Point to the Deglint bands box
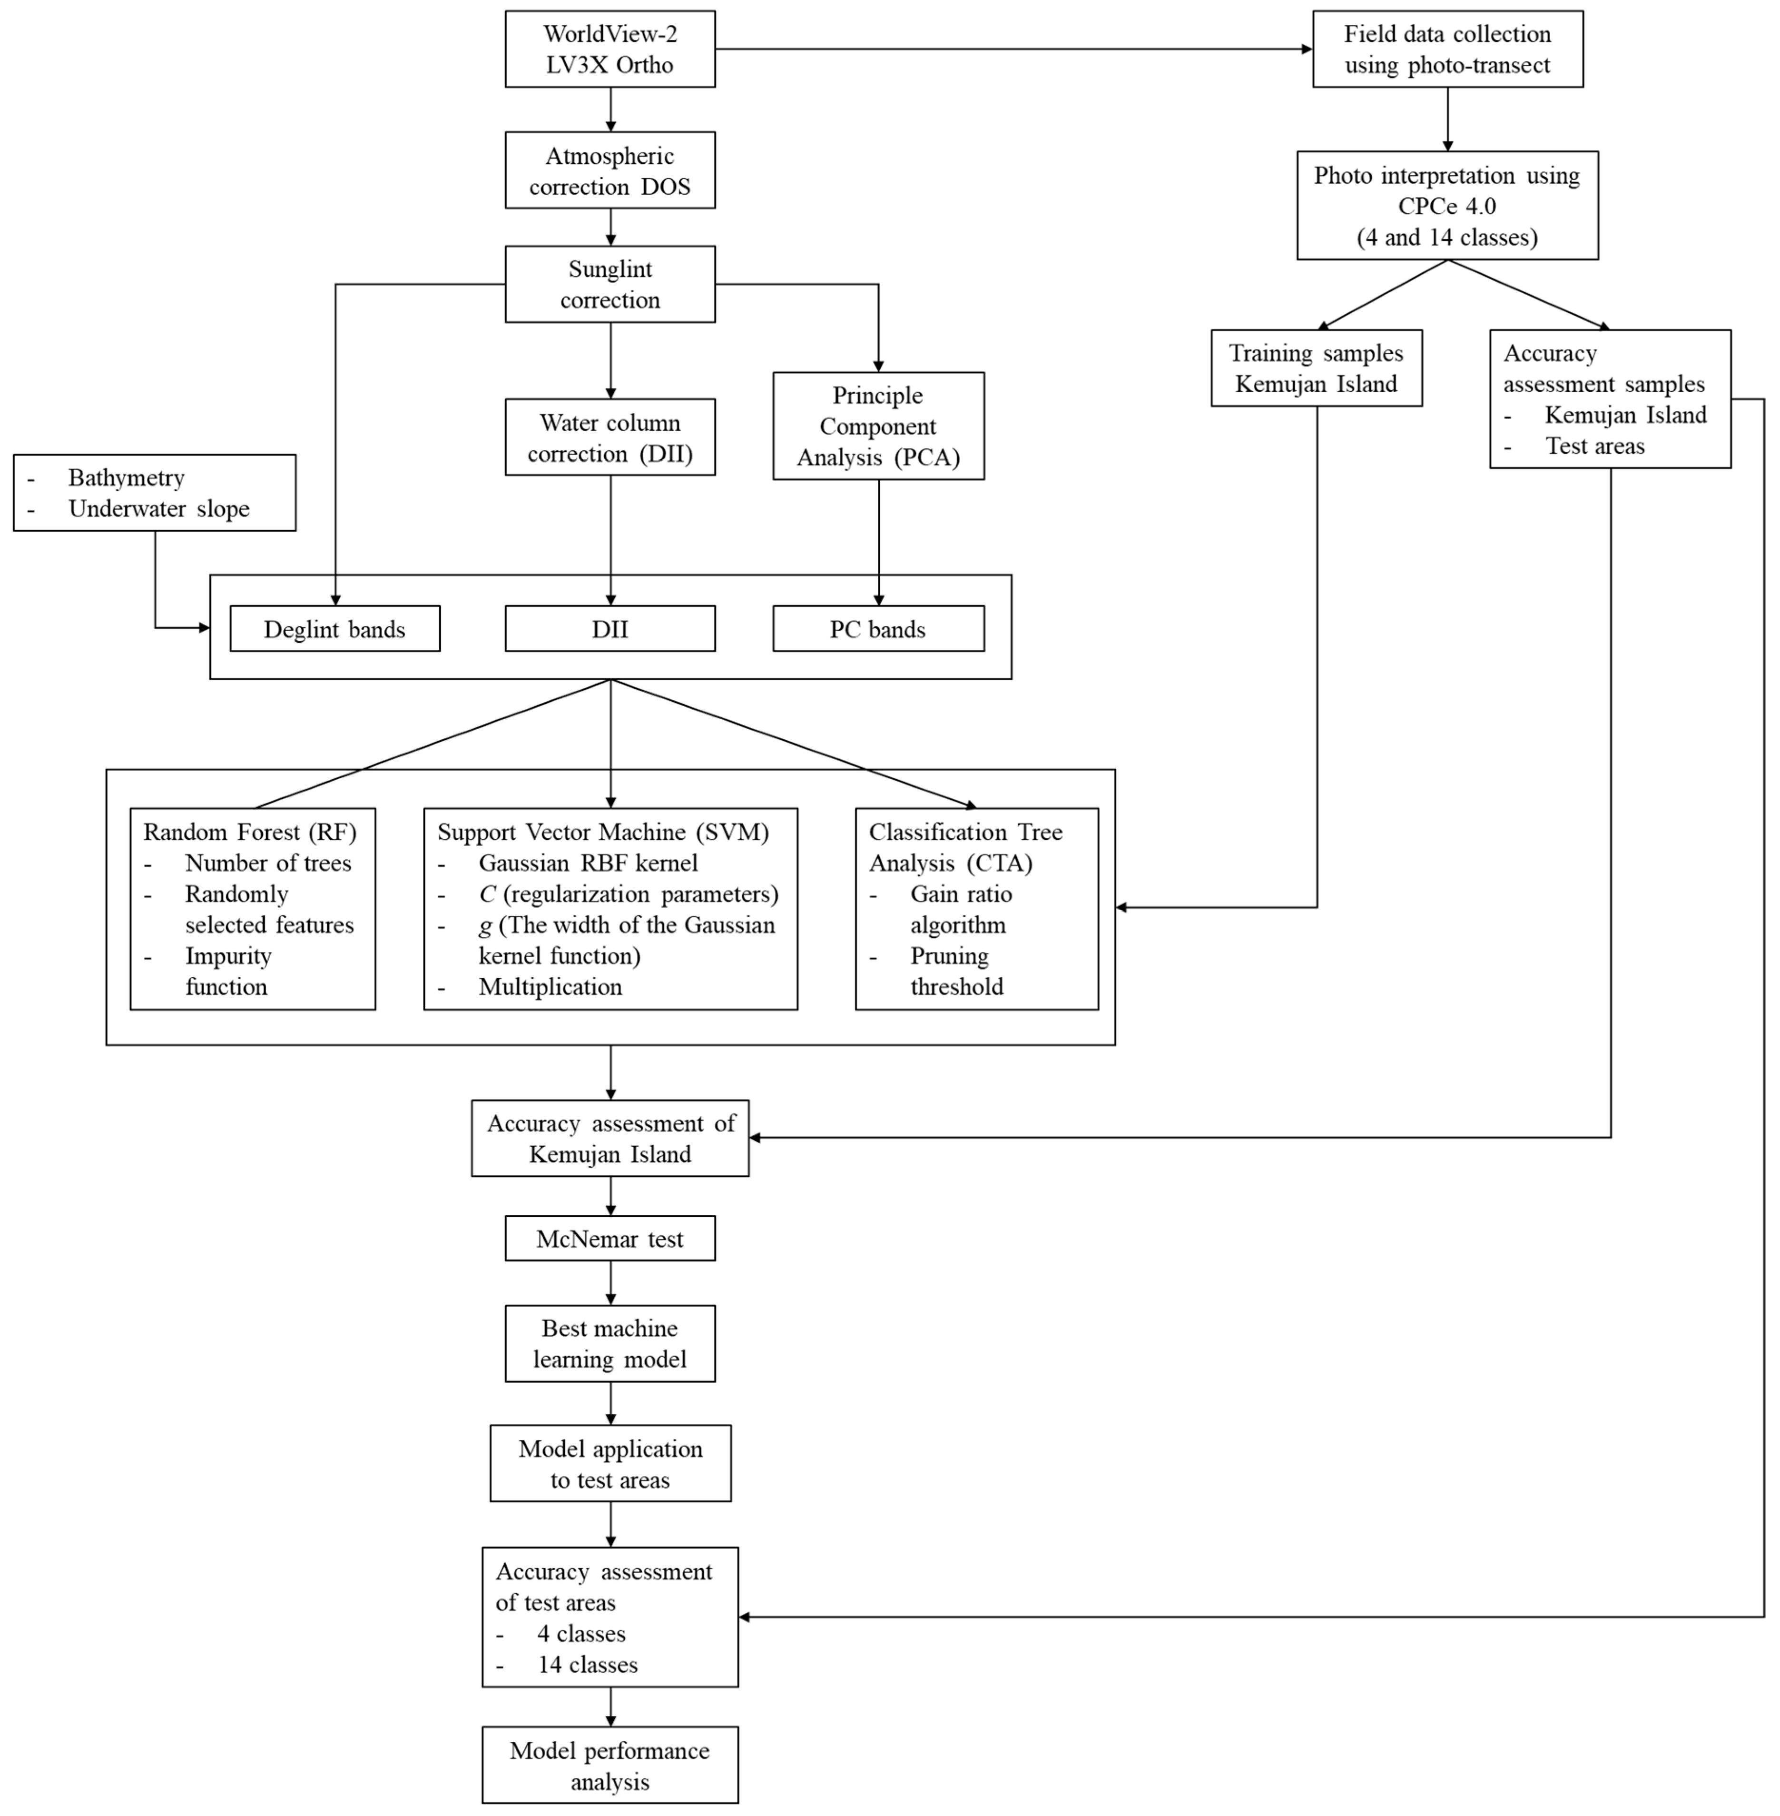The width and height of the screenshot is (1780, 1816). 334,629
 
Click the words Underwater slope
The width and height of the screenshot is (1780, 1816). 159,509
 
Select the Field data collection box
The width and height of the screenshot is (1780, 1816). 1447,50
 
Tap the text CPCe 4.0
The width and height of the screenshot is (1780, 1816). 1447,207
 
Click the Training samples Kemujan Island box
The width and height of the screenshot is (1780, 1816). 1316,368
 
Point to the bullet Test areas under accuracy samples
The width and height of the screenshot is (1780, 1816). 1595,446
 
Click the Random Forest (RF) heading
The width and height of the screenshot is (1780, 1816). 250,832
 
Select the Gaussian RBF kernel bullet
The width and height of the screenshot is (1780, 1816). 588,863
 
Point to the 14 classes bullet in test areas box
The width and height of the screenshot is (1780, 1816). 587,1665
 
